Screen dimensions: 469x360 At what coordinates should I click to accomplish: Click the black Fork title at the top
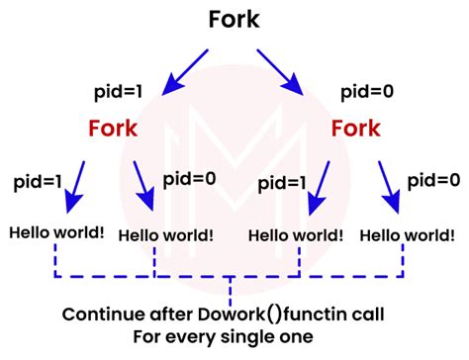(x=234, y=19)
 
